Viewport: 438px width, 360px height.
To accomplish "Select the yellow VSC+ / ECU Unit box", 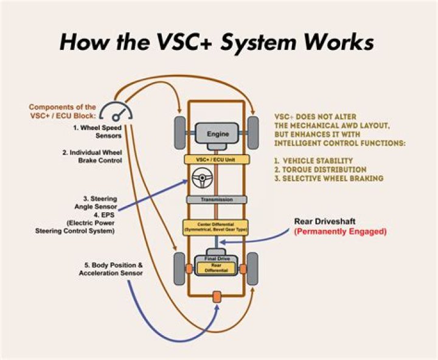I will (x=218, y=159).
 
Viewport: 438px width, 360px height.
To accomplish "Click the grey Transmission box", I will (x=218, y=200).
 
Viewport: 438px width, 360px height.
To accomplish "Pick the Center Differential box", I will (x=217, y=227).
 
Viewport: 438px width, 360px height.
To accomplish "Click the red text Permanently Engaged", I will (x=340, y=232).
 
